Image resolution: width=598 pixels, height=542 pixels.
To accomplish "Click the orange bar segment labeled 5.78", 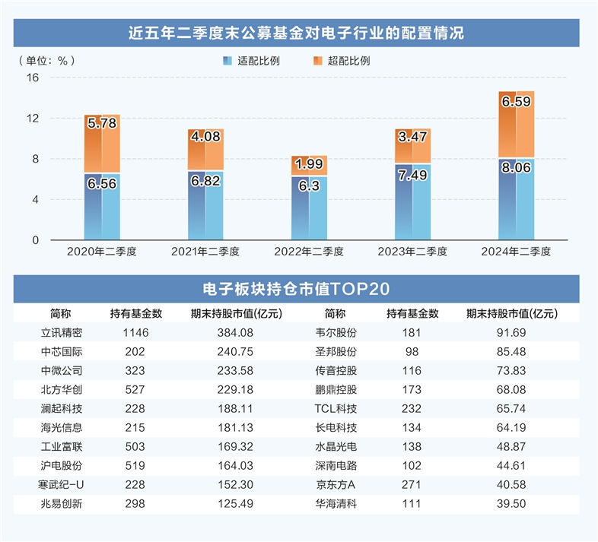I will [x=102, y=143].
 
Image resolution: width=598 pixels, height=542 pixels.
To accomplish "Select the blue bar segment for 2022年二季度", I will [x=309, y=208].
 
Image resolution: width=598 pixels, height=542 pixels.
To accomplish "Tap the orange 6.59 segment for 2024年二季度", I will [x=516, y=124].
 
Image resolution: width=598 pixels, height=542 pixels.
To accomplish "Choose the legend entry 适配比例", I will [x=251, y=60].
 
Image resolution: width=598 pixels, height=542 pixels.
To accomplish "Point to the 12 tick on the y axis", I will [x=32, y=119].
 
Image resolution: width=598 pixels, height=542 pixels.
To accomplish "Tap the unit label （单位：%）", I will [x=46, y=60].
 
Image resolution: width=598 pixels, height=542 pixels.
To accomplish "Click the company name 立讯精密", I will [x=61, y=332].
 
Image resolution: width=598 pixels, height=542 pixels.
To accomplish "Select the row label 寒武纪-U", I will [x=61, y=484].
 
